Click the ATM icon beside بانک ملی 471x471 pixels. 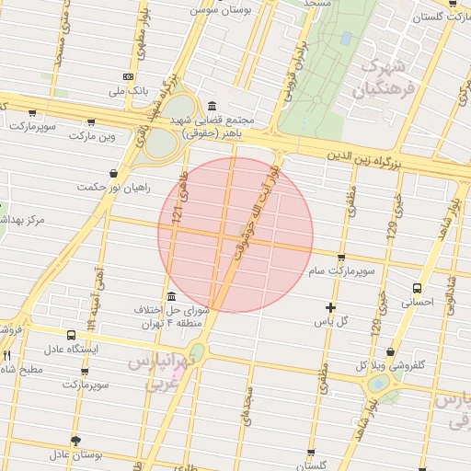coord(128,77)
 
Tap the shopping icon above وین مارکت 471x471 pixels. coord(90,121)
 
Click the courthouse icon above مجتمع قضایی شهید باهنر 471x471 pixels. coord(213,106)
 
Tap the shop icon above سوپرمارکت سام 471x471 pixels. coord(342,258)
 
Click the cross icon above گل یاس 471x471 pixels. coord(331,306)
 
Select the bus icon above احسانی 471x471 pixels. coord(419,287)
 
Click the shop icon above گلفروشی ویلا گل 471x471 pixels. coord(391,351)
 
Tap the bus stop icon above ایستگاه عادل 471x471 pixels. coord(72,336)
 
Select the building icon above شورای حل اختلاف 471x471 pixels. coord(172,295)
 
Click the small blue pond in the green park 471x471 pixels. coord(346,40)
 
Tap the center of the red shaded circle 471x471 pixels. coord(235,235)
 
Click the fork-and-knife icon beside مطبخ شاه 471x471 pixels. coord(6,355)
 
